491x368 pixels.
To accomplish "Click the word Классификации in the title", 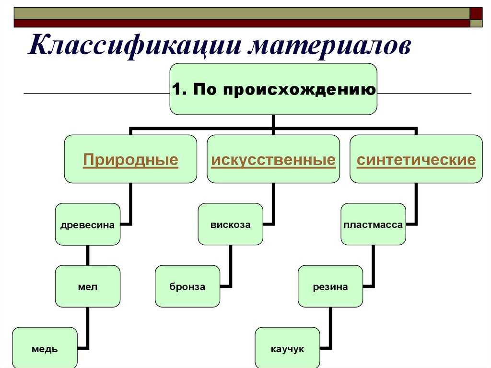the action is coord(135,46).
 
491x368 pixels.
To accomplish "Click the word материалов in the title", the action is coord(329,46).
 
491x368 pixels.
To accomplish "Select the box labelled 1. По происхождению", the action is coord(273,89).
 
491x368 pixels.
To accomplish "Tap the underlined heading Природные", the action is coord(130,160).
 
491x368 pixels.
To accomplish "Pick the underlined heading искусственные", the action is coord(273,160).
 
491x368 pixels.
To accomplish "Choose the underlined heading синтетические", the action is coord(416,160).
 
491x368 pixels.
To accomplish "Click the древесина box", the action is coord(88,224).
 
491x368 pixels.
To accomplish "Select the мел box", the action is coord(88,286).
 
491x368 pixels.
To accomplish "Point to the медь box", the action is coord(45,348).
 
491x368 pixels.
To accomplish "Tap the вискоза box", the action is coord(231,224).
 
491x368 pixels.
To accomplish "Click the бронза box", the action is coord(187,286).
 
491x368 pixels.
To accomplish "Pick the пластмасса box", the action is coord(373,224).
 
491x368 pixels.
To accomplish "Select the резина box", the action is coord(330,286).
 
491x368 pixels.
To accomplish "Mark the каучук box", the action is coord(288,348).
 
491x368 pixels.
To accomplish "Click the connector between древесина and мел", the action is coord(88,255).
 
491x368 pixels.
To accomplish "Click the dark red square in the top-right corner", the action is coord(476,13).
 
